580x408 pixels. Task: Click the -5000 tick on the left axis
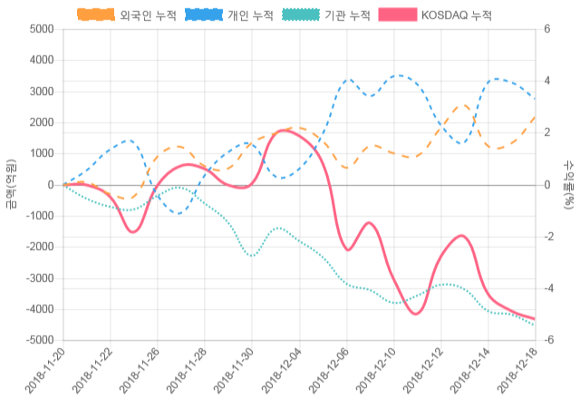click(x=39, y=340)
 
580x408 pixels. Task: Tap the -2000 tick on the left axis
click(x=39, y=247)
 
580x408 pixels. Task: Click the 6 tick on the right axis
click(x=546, y=29)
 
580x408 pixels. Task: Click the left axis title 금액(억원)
click(x=11, y=184)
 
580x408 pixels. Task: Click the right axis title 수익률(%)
click(x=569, y=184)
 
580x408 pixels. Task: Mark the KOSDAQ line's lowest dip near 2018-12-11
click(x=415, y=314)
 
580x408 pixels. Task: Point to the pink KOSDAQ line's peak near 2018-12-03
click(x=283, y=131)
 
